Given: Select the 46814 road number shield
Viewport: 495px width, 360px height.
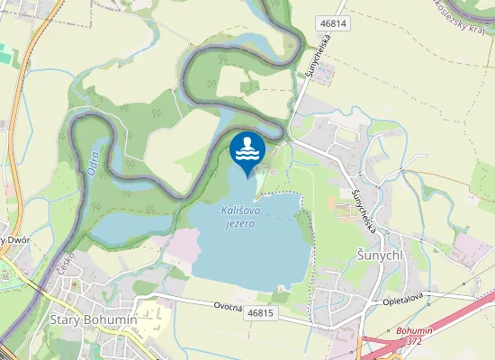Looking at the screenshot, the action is [332, 22].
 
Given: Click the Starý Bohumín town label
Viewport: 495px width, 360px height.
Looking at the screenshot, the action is [93, 319].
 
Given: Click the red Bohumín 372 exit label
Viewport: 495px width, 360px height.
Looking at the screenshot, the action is [414, 336].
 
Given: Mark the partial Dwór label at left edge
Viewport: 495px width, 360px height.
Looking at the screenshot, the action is [11, 239].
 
